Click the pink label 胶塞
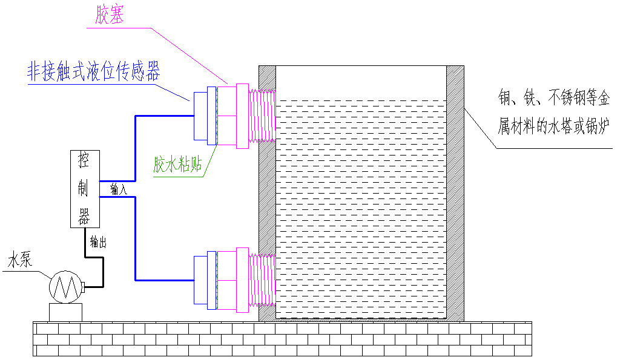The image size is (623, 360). pyautogui.click(x=110, y=16)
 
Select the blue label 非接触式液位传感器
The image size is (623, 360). pyautogui.click(x=93, y=73)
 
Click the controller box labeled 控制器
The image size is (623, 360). pyautogui.click(x=84, y=189)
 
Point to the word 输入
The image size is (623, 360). pyautogui.click(x=119, y=190)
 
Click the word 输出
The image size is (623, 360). pyautogui.click(x=98, y=243)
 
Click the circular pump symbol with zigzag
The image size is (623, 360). pyautogui.click(x=65, y=286)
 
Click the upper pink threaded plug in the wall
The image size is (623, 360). pyautogui.click(x=262, y=116)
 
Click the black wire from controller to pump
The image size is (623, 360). pyautogui.click(x=102, y=266)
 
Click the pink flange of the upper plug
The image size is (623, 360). pyautogui.click(x=242, y=116)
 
